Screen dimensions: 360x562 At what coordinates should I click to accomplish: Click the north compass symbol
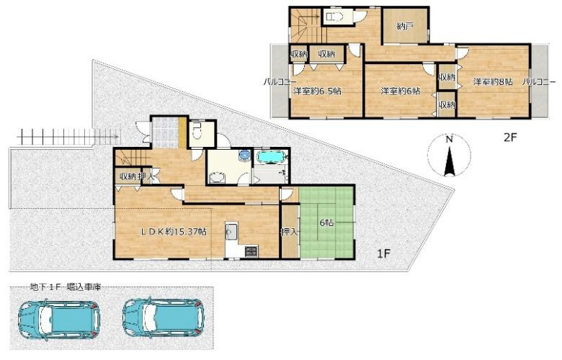tap(448, 155)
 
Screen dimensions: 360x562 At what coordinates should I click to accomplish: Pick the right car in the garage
tap(164, 315)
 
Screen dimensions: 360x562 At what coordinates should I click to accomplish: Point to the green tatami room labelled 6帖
tap(327, 222)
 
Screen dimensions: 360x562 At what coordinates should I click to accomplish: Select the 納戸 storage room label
tap(405, 27)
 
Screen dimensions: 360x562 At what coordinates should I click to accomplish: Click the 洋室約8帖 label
tap(493, 82)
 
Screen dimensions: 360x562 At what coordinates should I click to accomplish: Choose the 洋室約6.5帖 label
tap(316, 91)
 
